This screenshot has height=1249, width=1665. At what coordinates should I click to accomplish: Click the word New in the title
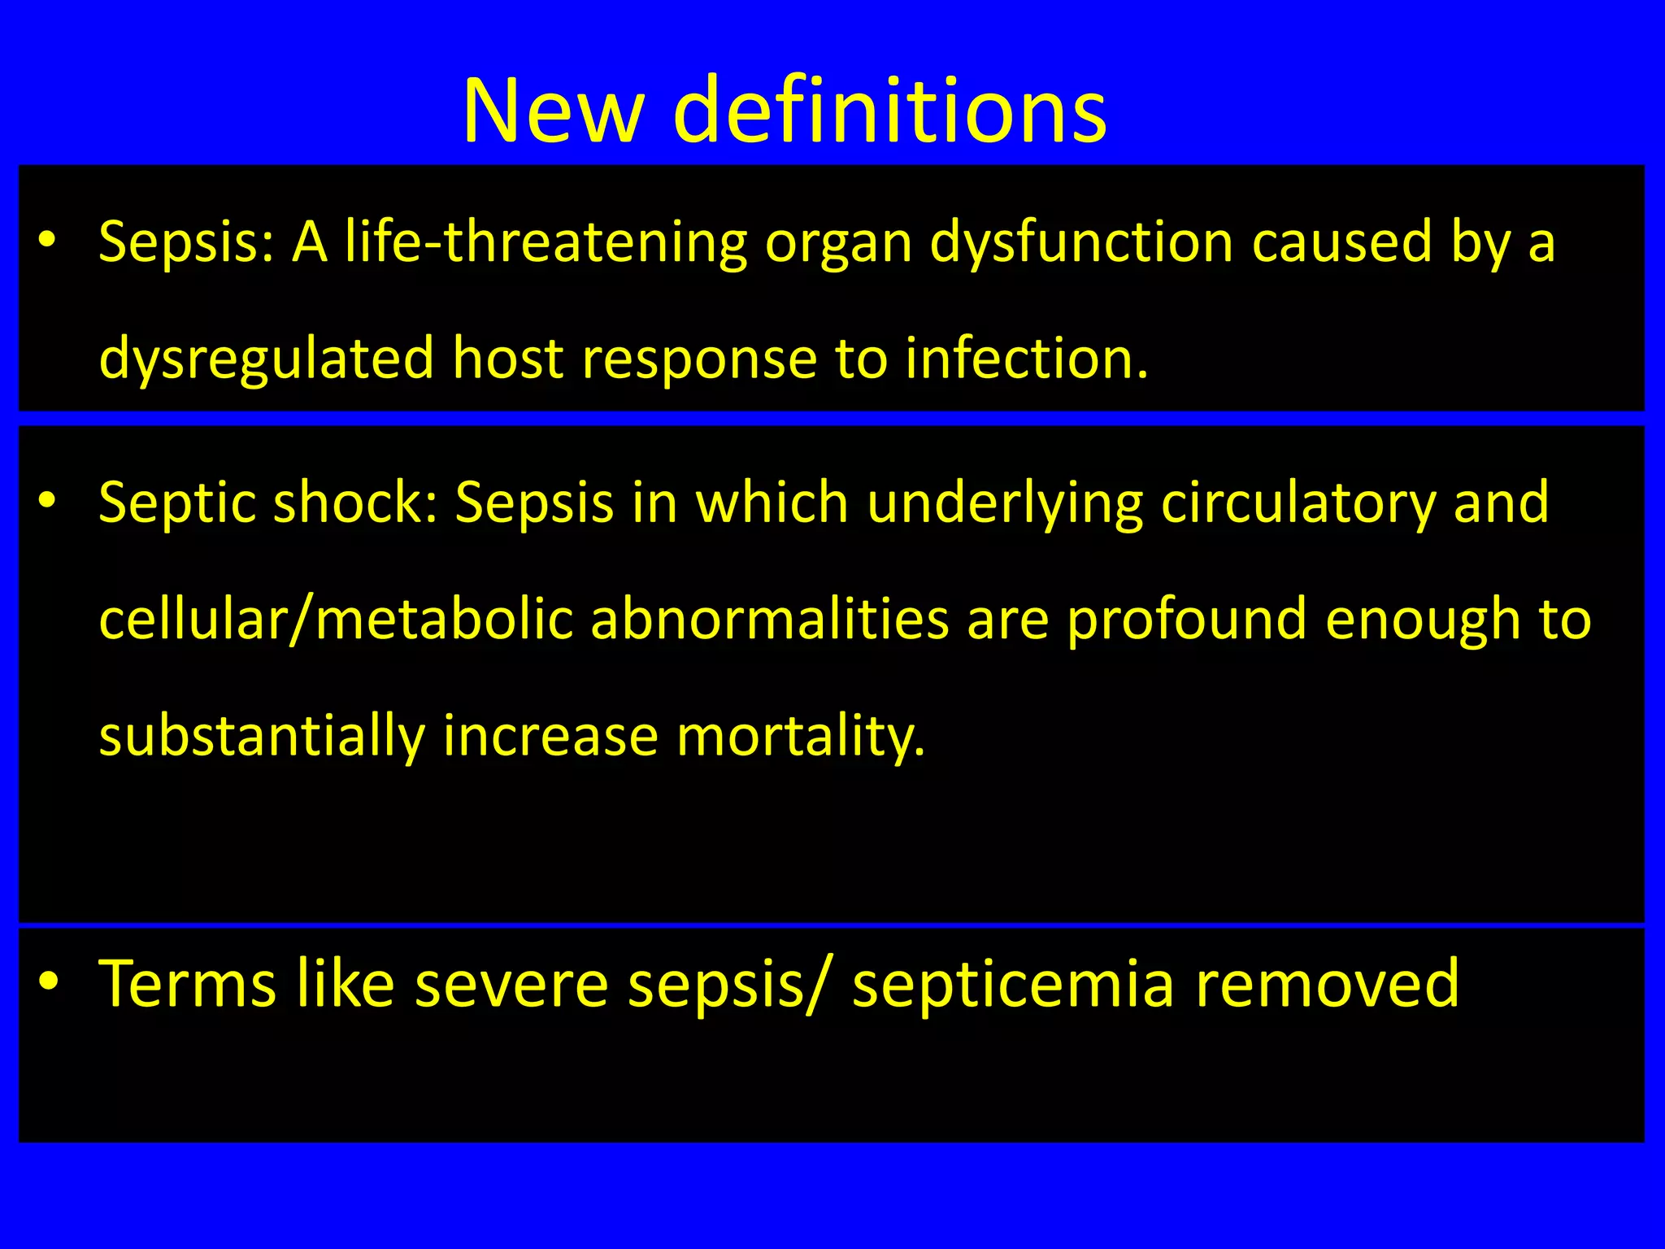click(x=553, y=111)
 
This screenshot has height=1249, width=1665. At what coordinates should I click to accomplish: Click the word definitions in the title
click(x=890, y=111)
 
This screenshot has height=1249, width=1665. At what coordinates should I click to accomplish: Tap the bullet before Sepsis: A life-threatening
click(x=48, y=241)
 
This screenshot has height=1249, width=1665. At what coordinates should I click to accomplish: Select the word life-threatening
click(x=545, y=242)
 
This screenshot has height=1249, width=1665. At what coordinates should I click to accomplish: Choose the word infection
click(x=1026, y=359)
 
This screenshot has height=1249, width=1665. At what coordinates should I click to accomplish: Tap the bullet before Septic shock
click(x=48, y=501)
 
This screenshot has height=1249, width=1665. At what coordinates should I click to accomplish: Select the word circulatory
click(x=1298, y=503)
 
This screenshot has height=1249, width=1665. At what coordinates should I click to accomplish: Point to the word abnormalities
click(x=769, y=620)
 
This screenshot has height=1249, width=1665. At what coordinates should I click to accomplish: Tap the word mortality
click(x=800, y=736)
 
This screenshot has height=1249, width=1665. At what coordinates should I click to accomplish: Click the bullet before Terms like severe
click(x=48, y=982)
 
